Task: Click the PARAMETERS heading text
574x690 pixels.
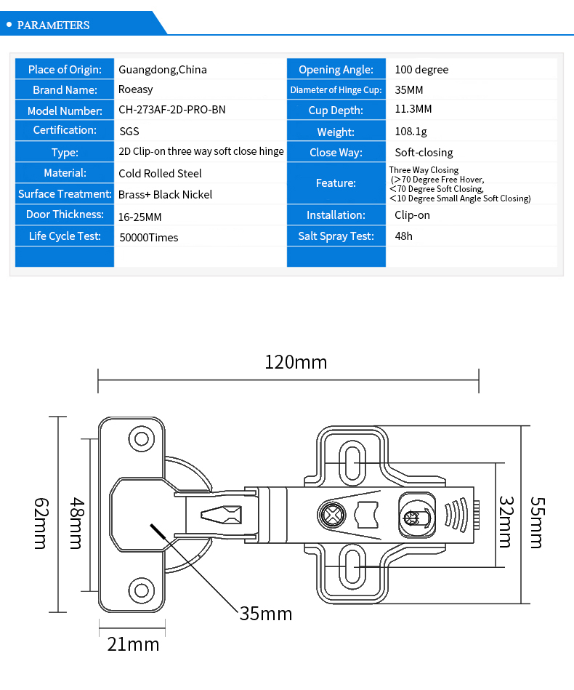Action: [53, 25]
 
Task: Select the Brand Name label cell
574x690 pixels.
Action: [65, 89]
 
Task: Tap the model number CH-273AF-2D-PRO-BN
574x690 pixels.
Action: [172, 110]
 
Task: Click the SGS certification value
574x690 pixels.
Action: [129, 131]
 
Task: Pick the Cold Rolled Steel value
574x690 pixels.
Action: [160, 173]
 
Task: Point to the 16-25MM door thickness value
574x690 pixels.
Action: [140, 217]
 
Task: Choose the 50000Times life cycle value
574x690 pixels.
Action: [149, 238]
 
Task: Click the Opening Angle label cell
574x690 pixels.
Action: [336, 69]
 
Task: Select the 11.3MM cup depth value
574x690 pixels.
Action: [413, 109]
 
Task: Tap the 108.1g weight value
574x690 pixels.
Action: [411, 132]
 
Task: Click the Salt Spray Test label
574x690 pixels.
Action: [336, 236]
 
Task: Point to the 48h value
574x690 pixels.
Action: [403, 236]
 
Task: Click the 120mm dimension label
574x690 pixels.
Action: [296, 363]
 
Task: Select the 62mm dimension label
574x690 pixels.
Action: [41, 523]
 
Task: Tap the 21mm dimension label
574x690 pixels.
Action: [133, 644]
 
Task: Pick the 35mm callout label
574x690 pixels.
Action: [266, 614]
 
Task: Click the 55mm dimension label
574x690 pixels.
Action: [538, 523]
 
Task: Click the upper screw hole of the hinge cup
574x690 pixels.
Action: [141, 438]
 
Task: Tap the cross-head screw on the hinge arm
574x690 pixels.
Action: [332, 515]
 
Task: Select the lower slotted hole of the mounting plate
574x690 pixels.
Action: [352, 567]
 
